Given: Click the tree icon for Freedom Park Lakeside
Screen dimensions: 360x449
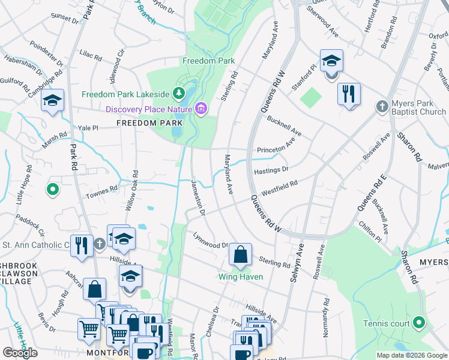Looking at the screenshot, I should pyautogui.click(x=178, y=93).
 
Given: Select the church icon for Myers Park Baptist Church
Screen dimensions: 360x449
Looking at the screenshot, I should pyautogui.click(x=382, y=107).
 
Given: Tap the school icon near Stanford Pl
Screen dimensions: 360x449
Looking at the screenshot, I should pyautogui.click(x=331, y=61).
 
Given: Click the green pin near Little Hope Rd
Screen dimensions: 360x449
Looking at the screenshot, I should pyautogui.click(x=53, y=190).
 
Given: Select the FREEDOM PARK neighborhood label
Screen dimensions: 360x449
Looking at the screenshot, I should pyautogui.click(x=149, y=123).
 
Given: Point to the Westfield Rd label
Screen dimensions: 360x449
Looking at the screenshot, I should pyautogui.click(x=279, y=189).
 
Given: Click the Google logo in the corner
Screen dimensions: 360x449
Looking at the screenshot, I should pyautogui.click(x=20, y=353).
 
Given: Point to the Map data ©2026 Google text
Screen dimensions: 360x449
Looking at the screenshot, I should pyautogui.click(x=411, y=355).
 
